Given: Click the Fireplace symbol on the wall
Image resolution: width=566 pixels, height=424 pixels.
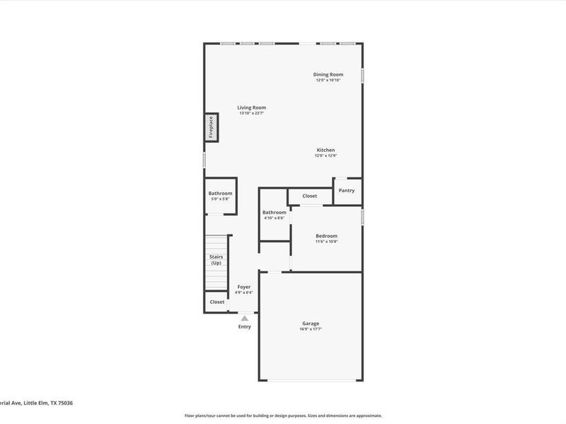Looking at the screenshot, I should [x=211, y=127].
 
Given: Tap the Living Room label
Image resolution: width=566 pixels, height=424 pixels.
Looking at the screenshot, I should [x=251, y=107].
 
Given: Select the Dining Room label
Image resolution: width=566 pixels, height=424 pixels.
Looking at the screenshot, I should [x=328, y=74].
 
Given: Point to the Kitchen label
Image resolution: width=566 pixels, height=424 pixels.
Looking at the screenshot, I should [x=325, y=150].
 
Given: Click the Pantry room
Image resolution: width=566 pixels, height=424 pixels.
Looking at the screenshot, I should [x=347, y=191].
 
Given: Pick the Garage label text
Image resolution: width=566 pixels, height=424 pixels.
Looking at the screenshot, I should [x=311, y=323].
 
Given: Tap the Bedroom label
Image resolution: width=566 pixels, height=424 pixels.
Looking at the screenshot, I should [x=326, y=236].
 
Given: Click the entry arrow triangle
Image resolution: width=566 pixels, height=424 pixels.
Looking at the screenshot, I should [x=244, y=319].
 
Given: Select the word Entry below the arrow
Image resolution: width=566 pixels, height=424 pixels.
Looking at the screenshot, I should [x=244, y=326].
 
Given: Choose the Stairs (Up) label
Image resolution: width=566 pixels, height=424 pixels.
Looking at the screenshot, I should [x=216, y=259].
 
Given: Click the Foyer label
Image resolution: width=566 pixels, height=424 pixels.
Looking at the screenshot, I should [x=243, y=287].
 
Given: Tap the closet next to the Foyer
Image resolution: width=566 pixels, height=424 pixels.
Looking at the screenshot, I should [x=217, y=302].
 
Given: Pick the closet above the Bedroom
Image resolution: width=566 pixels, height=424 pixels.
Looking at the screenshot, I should [x=310, y=196].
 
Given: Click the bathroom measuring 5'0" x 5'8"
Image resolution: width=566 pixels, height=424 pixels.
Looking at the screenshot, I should [x=220, y=196].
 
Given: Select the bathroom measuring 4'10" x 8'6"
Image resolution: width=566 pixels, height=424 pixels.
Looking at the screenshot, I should [x=274, y=215].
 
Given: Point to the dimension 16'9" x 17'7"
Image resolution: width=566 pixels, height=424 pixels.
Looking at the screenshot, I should [x=311, y=329].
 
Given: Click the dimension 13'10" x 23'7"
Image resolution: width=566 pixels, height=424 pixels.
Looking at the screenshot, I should [x=251, y=113].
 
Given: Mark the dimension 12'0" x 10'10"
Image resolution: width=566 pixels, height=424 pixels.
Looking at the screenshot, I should [x=328, y=80].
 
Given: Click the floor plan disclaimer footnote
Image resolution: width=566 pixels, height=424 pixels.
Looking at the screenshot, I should [x=283, y=416].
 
